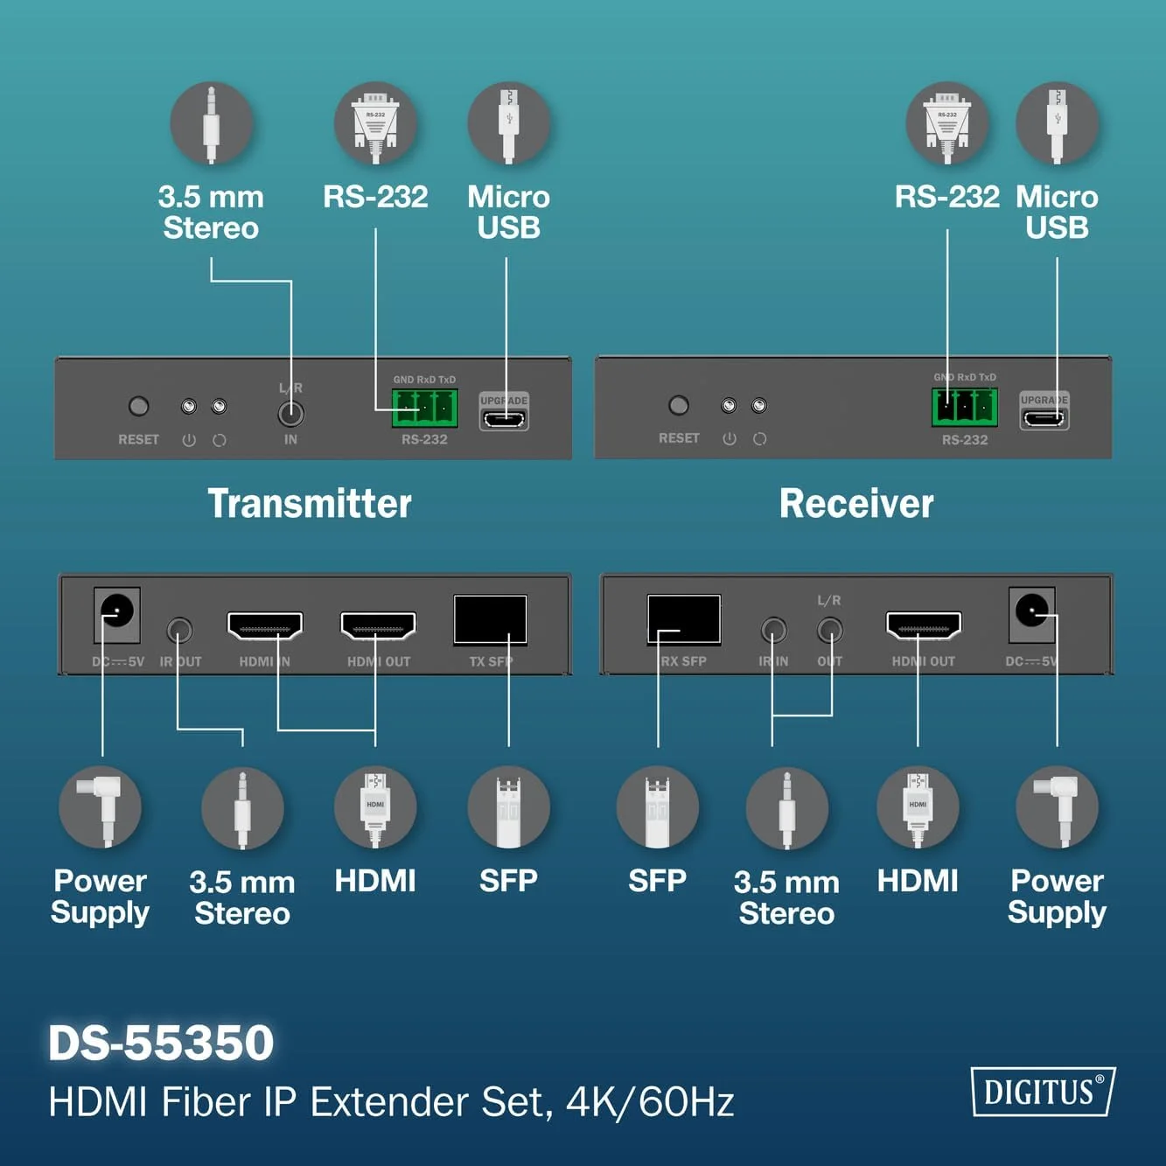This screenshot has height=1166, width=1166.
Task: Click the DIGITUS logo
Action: [1043, 1092]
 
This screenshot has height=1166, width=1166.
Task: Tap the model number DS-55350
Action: [161, 1042]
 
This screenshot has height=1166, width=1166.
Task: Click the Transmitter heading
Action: [309, 504]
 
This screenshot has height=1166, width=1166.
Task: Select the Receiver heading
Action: [856, 504]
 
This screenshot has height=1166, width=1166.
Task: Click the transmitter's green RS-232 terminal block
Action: [425, 408]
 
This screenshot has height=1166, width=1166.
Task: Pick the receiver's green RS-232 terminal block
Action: [965, 408]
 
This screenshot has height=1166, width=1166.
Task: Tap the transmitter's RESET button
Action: [138, 406]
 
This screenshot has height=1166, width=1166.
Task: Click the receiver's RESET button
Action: [679, 405]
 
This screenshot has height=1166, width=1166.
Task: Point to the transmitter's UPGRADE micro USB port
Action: [504, 417]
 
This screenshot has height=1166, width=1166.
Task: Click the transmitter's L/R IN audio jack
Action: [290, 415]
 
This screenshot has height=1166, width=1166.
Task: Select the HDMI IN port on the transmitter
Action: [264, 625]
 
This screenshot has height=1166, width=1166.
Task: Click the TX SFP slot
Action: [490, 619]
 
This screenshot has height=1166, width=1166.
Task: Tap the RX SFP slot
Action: [684, 619]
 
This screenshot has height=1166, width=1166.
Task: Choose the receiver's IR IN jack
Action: [774, 630]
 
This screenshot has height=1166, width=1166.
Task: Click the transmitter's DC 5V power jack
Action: [117, 614]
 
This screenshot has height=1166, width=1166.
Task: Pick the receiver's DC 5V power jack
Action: [1031, 614]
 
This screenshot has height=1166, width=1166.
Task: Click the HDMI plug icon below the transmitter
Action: [375, 807]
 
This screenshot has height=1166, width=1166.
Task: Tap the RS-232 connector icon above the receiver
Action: [947, 123]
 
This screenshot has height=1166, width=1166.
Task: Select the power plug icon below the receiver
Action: [1057, 807]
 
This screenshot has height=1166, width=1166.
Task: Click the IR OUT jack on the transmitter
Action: [179, 630]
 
